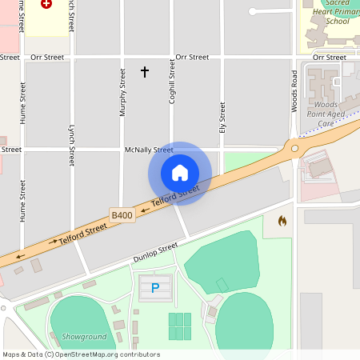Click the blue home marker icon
coord(180,172)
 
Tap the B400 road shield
coord(122,215)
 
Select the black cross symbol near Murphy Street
coord(145,72)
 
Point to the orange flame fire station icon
coord(282,220)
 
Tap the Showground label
coord(78,337)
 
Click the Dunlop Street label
coord(155,253)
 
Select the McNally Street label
coord(149,150)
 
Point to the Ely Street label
coord(222,115)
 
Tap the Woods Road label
coord(294,90)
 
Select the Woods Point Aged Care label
coord(326,114)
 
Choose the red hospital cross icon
coord(46,4)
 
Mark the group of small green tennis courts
coord(180,326)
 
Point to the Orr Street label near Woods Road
coord(330,58)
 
